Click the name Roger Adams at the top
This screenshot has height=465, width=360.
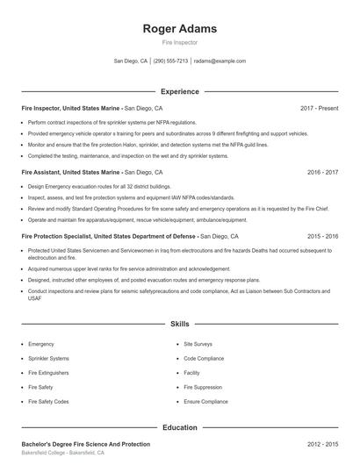click(179, 29)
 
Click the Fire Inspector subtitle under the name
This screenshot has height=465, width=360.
click(179, 42)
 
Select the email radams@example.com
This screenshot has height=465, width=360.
click(220, 61)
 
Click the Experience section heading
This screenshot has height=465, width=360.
click(179, 91)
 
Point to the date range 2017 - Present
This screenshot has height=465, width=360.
click(319, 108)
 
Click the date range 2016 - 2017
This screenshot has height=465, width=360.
click(323, 173)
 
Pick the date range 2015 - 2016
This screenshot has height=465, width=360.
click(323, 237)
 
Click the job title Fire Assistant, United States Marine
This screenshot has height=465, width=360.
click(70, 173)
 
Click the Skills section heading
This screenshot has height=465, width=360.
click(179, 324)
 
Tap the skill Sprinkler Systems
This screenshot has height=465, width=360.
click(48, 358)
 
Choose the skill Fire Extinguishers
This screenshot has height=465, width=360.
click(49, 372)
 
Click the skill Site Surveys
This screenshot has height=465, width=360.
click(199, 344)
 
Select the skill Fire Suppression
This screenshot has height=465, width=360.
click(203, 386)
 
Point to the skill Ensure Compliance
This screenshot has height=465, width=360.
click(205, 401)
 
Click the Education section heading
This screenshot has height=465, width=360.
click(179, 427)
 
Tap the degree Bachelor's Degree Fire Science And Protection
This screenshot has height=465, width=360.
click(85, 445)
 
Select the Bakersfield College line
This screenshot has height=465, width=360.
click(62, 454)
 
